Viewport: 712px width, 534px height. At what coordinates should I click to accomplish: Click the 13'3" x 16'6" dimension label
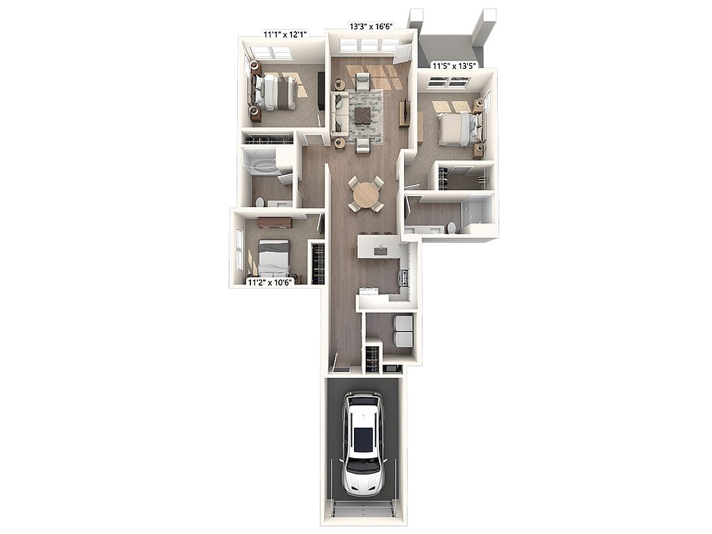point(371,26)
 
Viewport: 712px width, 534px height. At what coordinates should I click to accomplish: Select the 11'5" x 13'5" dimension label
point(454,66)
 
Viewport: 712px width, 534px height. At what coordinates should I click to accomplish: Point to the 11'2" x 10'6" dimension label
point(270,282)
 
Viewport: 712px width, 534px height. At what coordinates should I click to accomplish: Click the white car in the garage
point(363,444)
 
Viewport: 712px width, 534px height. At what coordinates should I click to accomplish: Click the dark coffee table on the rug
point(364,115)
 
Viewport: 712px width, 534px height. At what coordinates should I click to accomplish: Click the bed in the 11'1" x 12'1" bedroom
point(275,92)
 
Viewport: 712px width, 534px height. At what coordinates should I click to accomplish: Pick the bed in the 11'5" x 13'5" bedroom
point(456,129)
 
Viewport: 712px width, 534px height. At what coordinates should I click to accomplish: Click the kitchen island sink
point(380,250)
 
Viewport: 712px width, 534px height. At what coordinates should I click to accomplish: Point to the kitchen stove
point(403,277)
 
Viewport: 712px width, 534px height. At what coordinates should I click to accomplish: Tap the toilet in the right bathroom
point(451,227)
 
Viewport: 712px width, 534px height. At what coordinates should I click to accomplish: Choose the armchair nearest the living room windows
point(363,82)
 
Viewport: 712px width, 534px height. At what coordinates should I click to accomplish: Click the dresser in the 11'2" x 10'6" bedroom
point(274,222)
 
